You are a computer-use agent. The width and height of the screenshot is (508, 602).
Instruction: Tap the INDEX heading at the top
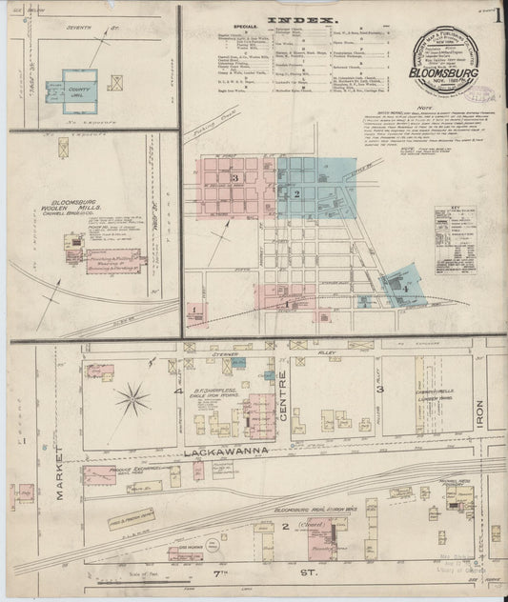[301, 19]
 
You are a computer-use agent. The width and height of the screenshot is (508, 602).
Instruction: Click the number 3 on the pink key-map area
[234, 177]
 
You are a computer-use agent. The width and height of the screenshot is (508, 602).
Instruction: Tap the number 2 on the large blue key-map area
[296, 194]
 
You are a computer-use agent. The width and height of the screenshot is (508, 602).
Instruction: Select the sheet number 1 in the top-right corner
[498, 17]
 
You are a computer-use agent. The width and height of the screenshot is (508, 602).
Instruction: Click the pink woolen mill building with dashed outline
[114, 257]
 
